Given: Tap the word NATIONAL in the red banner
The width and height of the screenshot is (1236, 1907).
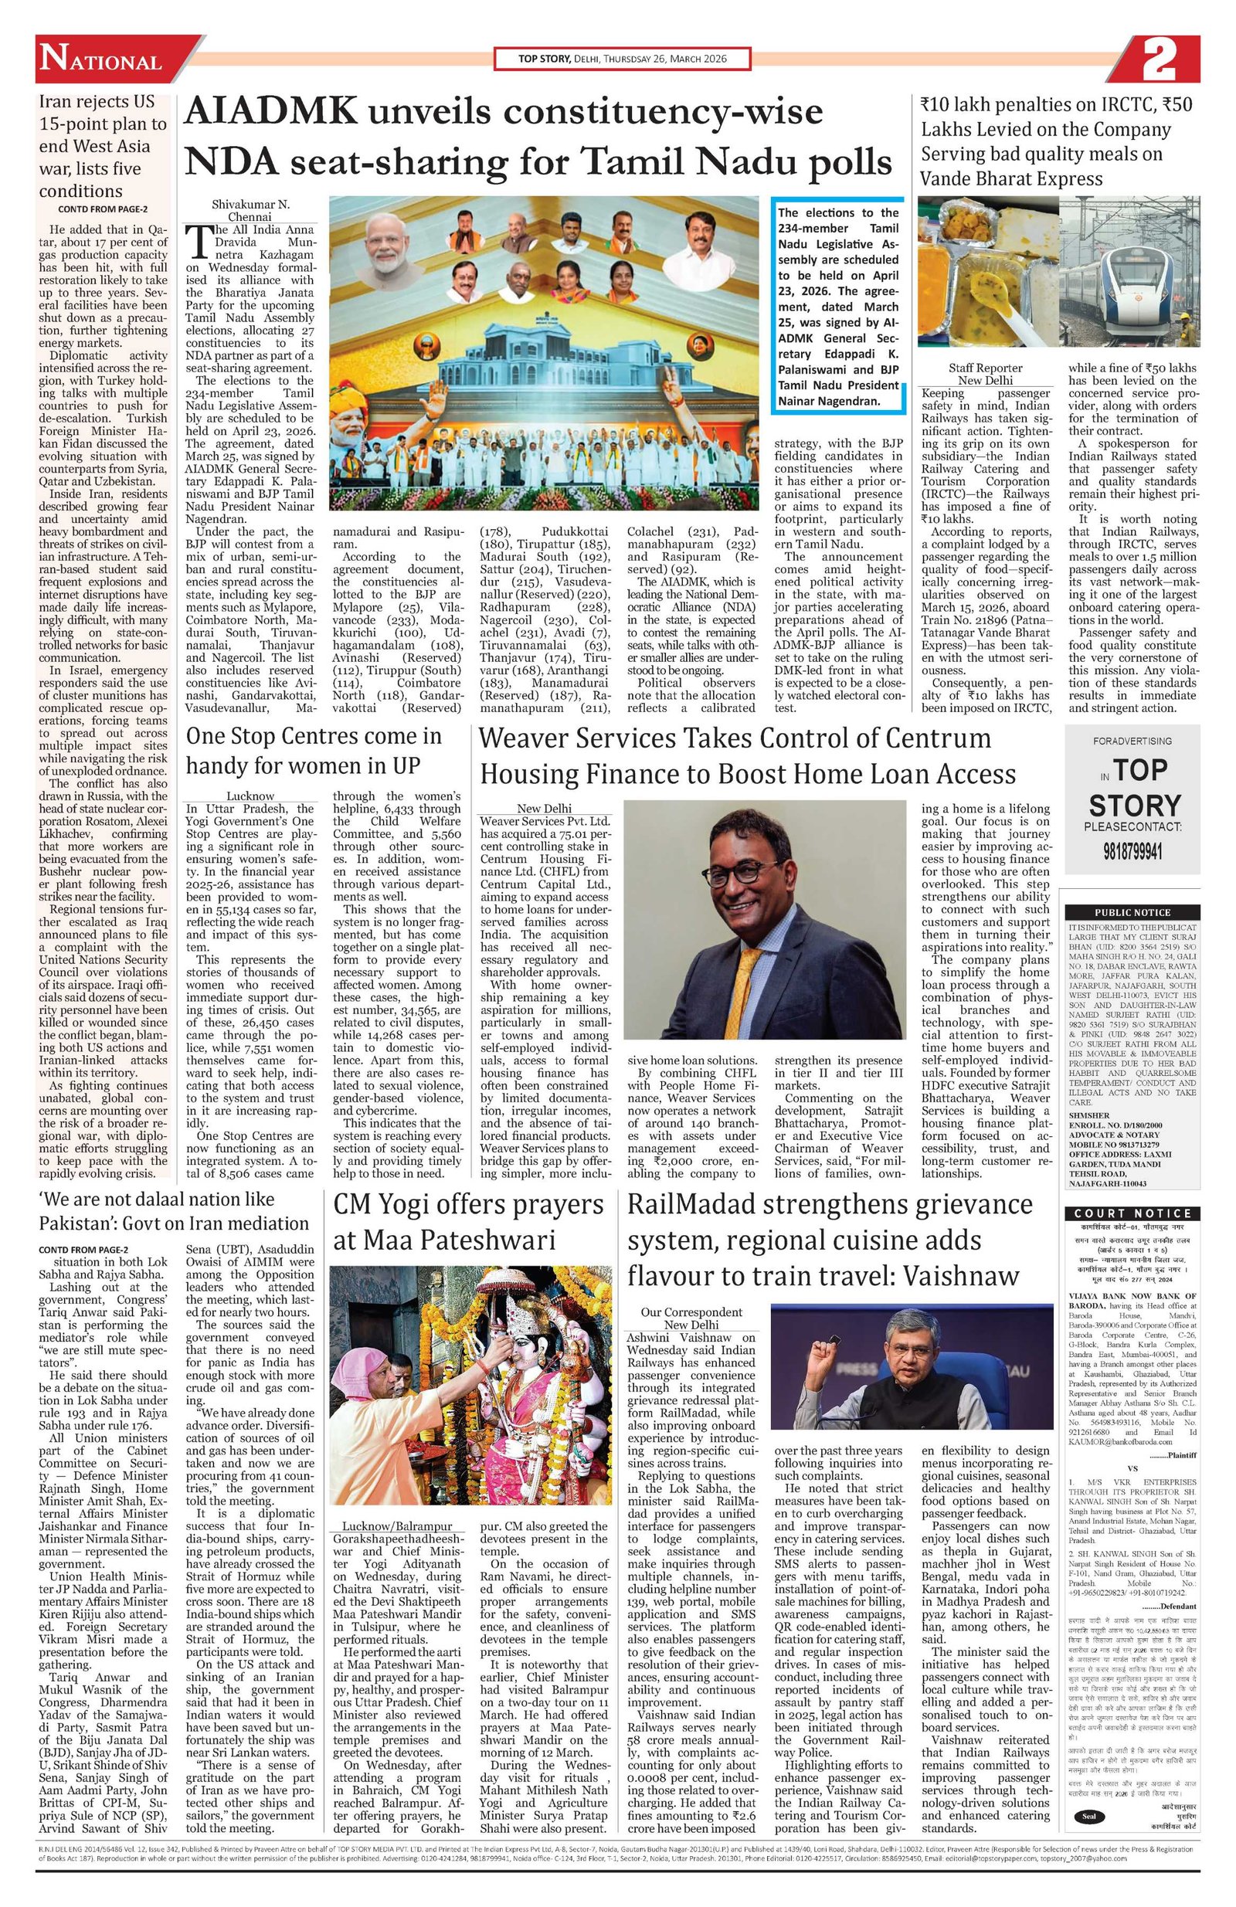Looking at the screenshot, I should [x=101, y=62].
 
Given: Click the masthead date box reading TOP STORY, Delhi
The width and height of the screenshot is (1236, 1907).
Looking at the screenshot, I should [x=621, y=59].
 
